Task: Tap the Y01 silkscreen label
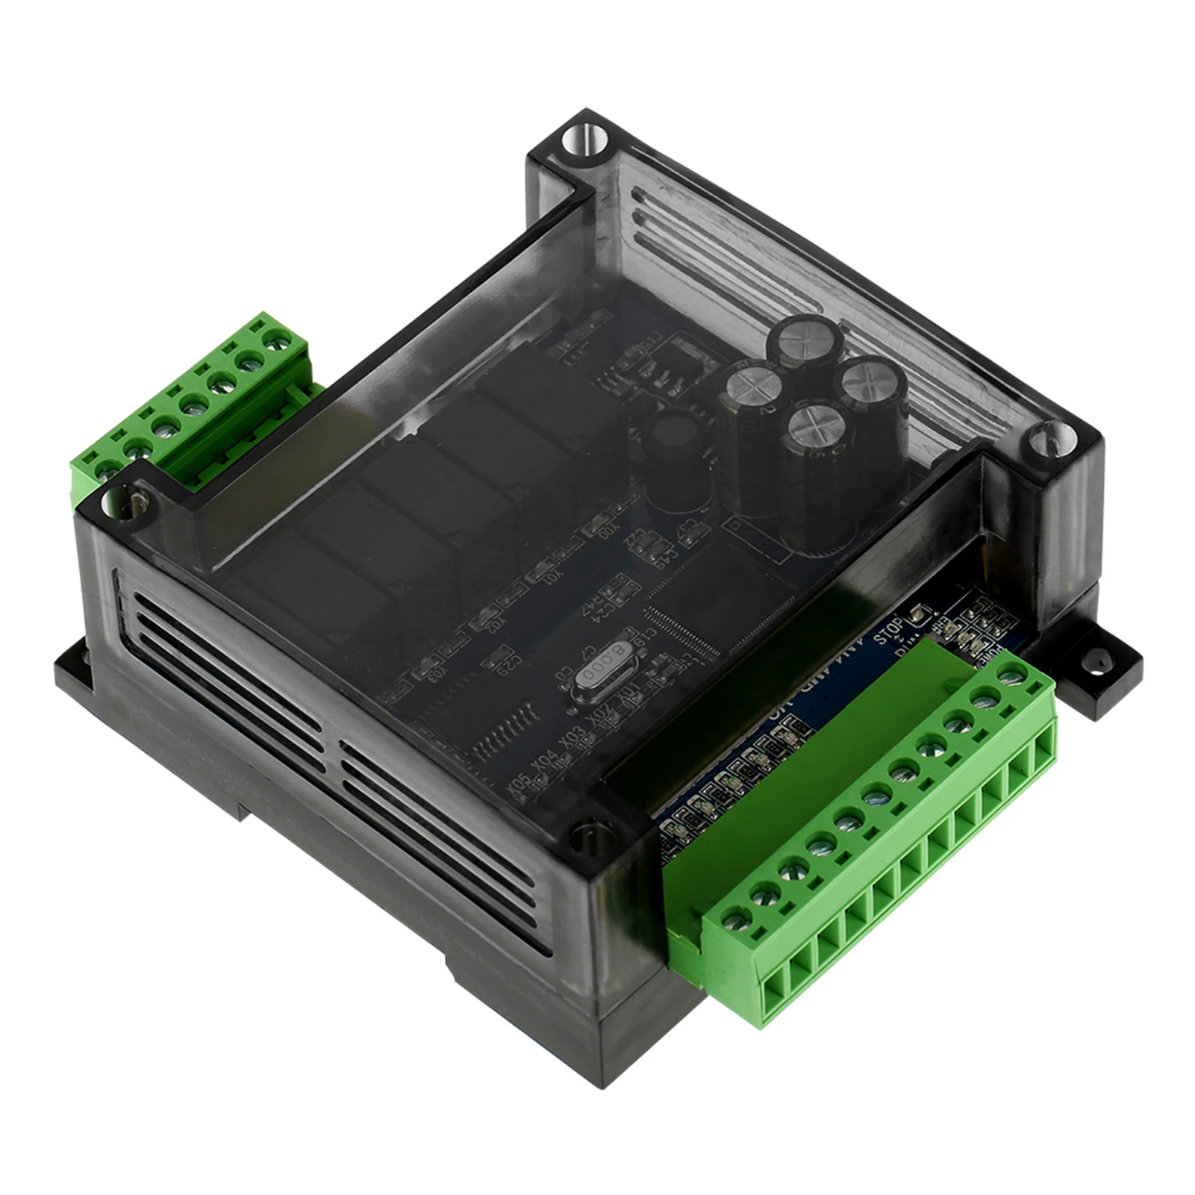pos(554,581)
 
